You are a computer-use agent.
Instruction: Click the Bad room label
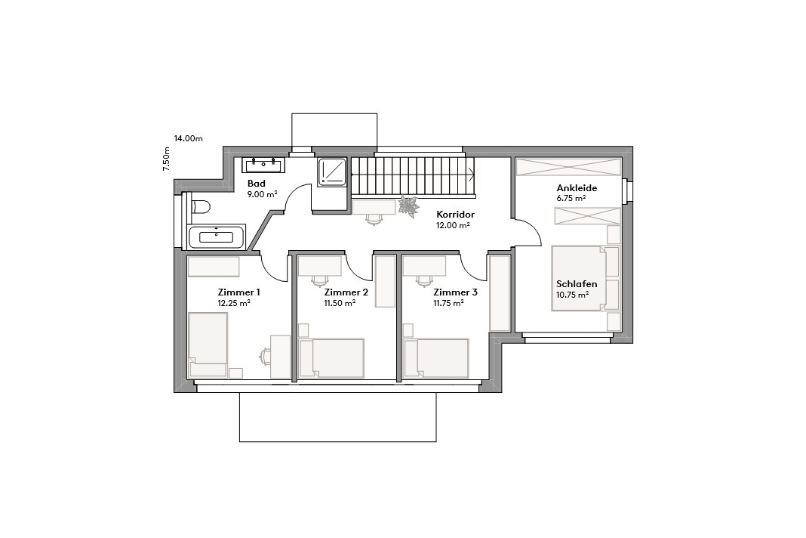tap(257, 184)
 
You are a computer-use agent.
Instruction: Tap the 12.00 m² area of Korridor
tap(454, 225)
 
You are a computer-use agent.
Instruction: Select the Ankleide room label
tap(577, 188)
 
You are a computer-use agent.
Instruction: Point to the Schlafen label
tap(577, 284)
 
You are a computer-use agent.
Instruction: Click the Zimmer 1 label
tap(238, 292)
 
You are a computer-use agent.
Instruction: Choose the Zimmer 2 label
tap(346, 292)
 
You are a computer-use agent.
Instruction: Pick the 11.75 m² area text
tap(448, 303)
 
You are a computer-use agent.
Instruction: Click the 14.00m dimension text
tap(189, 138)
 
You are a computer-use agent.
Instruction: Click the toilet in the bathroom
tap(200, 206)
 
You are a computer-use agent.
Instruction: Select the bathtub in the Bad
tap(217, 237)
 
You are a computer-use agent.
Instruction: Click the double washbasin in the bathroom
tap(262, 164)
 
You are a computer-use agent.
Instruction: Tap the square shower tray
tap(332, 172)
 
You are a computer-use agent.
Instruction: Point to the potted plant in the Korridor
tap(410, 206)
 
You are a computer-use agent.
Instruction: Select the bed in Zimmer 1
tap(208, 345)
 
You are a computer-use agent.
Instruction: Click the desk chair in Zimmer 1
tap(266, 356)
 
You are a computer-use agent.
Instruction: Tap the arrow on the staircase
tap(471, 175)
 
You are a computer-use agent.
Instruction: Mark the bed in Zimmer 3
tap(438, 358)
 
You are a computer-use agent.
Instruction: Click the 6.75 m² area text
tap(571, 199)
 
